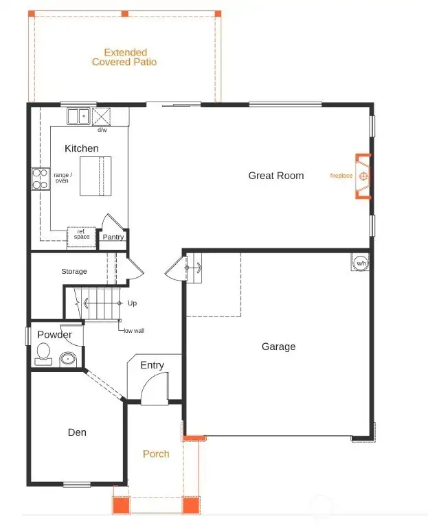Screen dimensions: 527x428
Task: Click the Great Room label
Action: tap(275, 176)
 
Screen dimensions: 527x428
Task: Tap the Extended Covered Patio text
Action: tap(124, 57)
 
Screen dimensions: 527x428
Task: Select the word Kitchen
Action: tap(81, 148)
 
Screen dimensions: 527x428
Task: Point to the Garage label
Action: tap(278, 347)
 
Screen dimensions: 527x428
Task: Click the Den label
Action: tap(77, 432)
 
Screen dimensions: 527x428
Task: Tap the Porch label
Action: tap(156, 454)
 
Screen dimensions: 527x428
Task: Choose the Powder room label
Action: tap(55, 335)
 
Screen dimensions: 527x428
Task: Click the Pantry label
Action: tap(113, 237)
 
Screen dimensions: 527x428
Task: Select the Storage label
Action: tap(74, 272)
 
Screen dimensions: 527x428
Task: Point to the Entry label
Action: tap(152, 365)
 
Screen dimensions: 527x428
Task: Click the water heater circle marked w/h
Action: tap(361, 262)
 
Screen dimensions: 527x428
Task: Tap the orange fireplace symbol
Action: tap(364, 176)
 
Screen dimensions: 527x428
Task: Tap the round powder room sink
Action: tap(68, 358)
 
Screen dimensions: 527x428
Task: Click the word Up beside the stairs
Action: tap(133, 303)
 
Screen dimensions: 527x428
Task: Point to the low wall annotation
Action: tap(133, 330)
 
